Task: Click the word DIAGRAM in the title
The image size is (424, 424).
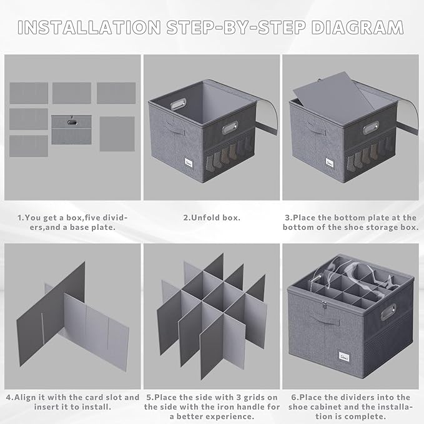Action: [357, 27]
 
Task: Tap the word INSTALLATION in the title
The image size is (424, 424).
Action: [89, 27]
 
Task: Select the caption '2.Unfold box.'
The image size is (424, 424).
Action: [212, 218]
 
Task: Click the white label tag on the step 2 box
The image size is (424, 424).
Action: [189, 162]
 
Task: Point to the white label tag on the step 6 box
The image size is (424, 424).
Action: [344, 357]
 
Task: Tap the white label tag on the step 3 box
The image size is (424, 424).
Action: [329, 163]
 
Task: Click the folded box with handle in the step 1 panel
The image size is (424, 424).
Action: [71, 130]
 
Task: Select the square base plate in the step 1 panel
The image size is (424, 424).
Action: [117, 134]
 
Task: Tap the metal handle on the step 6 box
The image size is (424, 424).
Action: [388, 312]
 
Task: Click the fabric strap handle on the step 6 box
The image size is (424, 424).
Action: [325, 319]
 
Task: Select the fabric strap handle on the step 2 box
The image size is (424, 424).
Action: [175, 127]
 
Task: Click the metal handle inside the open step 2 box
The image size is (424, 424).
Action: [179, 104]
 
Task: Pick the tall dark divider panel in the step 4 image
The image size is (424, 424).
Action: [51, 313]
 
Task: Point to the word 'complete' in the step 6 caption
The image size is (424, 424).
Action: [365, 417]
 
